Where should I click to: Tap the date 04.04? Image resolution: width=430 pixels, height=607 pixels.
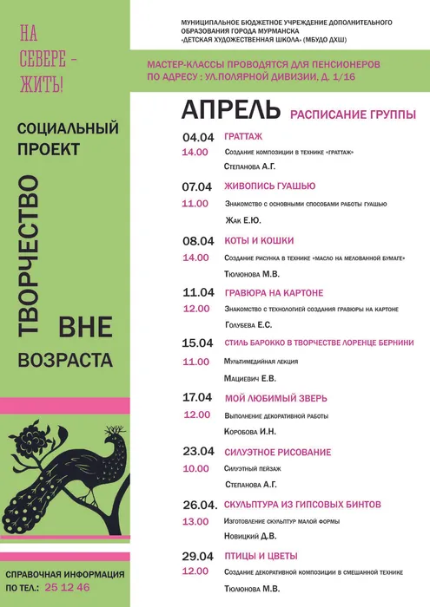click(x=197, y=137)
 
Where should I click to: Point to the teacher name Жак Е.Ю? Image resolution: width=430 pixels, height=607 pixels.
click(x=243, y=220)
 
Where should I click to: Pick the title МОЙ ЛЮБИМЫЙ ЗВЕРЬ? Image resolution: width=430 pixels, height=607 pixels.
click(x=275, y=397)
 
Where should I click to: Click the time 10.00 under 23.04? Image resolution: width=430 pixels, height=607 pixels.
click(x=195, y=467)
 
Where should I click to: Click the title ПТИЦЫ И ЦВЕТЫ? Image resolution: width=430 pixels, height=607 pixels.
click(x=261, y=555)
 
